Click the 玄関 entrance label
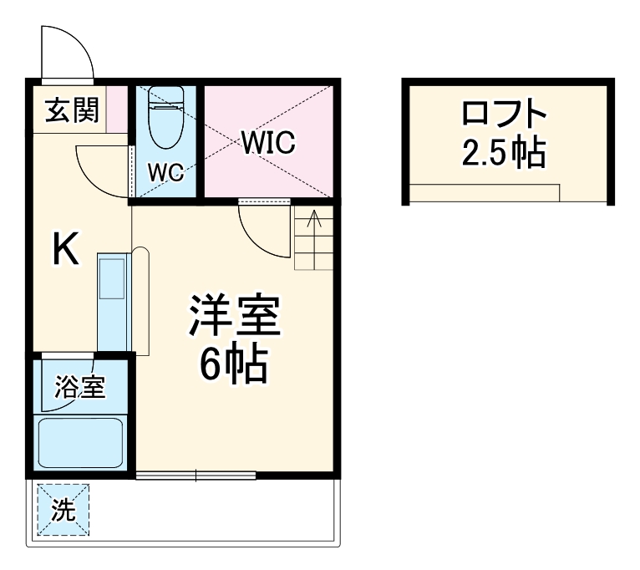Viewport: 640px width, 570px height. pyautogui.click(x=71, y=109)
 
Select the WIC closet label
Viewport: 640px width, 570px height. pyautogui.click(x=269, y=142)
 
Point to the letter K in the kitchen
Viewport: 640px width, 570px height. pyautogui.click(x=66, y=250)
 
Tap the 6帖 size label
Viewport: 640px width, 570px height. pyautogui.click(x=233, y=364)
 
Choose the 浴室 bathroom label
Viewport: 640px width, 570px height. pyautogui.click(x=80, y=387)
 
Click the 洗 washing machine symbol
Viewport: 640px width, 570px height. pyautogui.click(x=63, y=511)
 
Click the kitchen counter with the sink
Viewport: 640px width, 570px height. pyautogui.click(x=114, y=303)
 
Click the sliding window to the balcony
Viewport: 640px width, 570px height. pyautogui.click(x=196, y=476)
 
